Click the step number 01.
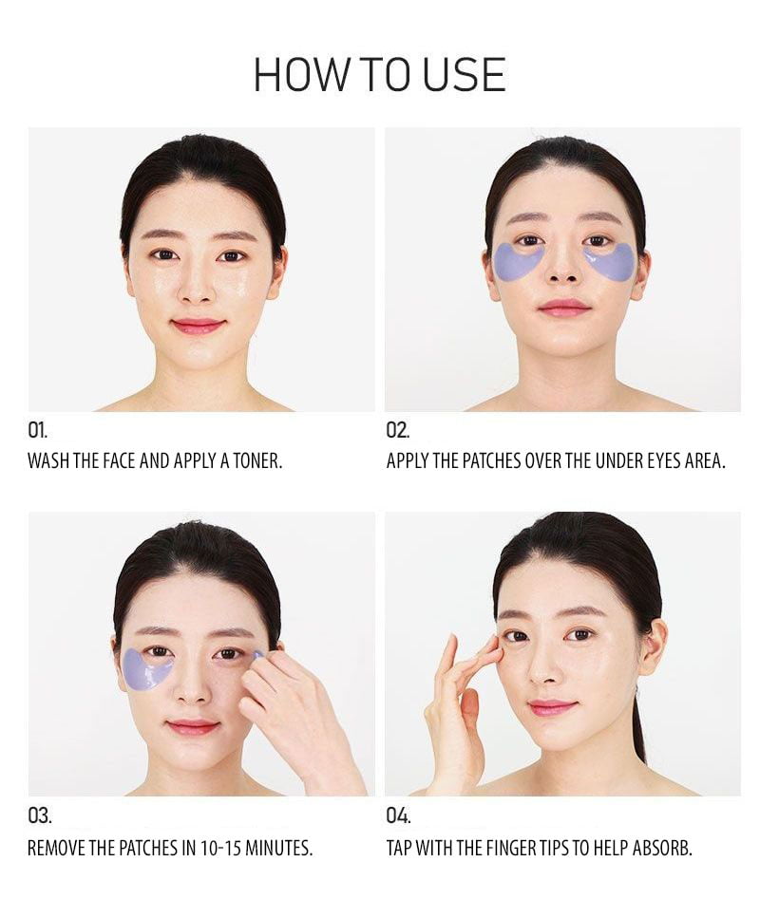(x=38, y=430)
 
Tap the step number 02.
(x=398, y=430)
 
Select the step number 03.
(x=40, y=815)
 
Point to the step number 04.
(x=399, y=815)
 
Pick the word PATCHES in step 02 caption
(x=491, y=460)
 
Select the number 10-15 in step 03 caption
(x=220, y=848)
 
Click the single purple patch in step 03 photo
(x=147, y=672)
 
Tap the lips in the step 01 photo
(x=198, y=326)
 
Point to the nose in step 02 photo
(x=563, y=267)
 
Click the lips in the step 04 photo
(x=552, y=707)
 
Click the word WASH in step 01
(x=49, y=460)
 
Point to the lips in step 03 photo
(x=193, y=726)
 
